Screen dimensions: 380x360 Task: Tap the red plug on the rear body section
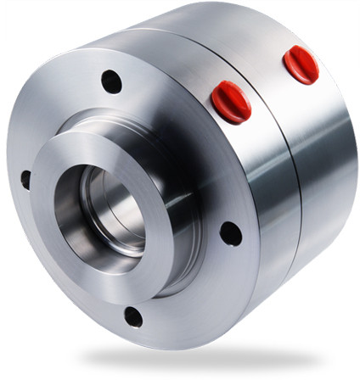(301, 64)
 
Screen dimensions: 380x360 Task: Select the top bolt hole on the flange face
(111, 81)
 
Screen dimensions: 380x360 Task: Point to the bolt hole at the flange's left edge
(25, 180)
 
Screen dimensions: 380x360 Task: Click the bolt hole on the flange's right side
(230, 233)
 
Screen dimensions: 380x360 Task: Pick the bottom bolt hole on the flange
(133, 316)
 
